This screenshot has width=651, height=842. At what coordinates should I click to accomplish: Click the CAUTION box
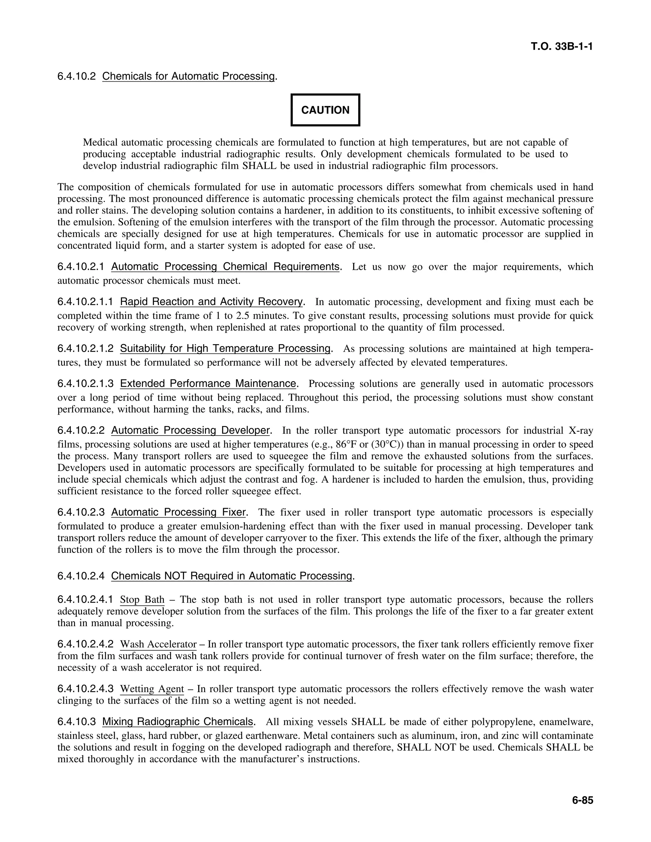point(325,110)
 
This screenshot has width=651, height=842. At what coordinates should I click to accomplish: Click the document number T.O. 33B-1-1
point(562,47)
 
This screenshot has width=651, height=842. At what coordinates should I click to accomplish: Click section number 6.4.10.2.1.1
point(85,302)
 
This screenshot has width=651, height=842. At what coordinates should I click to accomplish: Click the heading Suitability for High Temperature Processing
point(226,349)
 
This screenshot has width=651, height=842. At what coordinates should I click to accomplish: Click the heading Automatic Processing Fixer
point(178,513)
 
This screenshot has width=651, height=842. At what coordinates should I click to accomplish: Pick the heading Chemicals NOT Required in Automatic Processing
point(231,576)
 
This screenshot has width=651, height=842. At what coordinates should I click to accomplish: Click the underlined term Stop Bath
point(142,600)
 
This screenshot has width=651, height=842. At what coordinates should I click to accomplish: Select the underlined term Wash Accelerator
point(158,644)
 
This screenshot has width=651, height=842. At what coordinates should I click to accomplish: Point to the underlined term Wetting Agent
point(152,689)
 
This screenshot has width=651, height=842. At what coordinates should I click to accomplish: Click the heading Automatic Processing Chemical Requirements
point(225,267)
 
